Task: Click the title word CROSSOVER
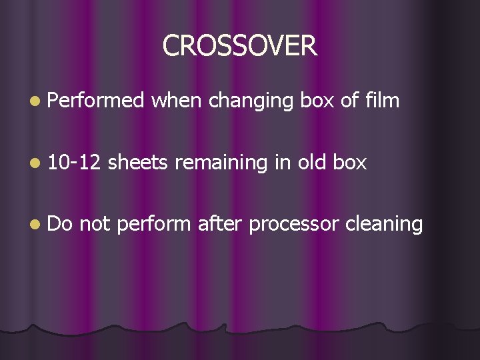pos(240,45)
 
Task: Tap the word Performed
pos(96,101)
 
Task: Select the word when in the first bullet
pos(177,101)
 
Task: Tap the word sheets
pos(137,163)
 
